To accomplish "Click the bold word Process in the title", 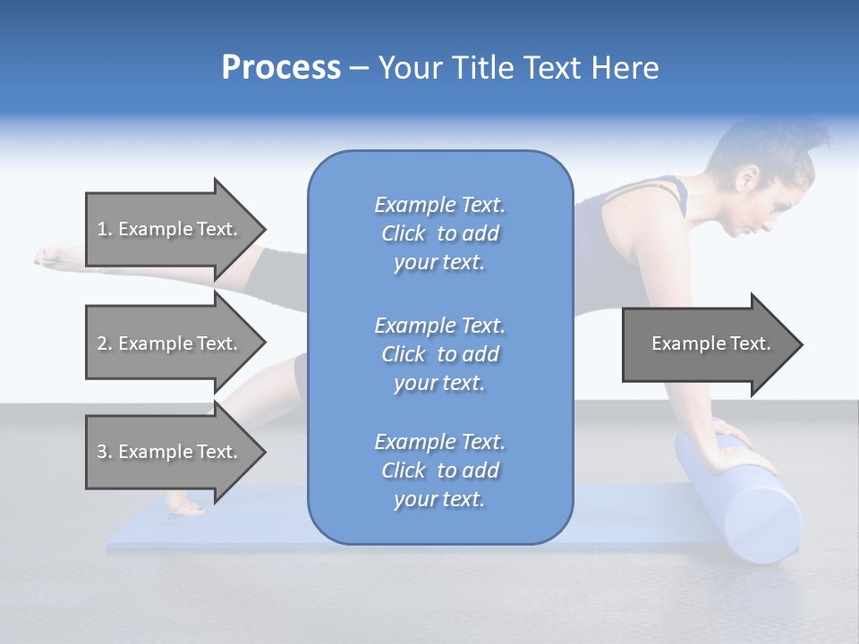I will (281, 68).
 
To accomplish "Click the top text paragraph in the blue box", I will (439, 233).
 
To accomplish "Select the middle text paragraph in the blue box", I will (439, 354).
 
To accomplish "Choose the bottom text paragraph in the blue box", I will (439, 470).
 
